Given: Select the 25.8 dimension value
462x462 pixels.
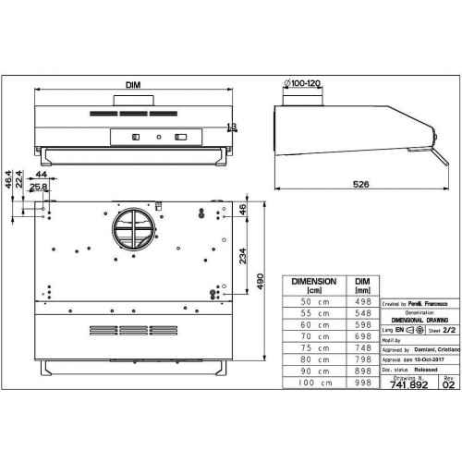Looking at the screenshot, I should point(38,188).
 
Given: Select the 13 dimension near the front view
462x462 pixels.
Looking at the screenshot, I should point(231,128).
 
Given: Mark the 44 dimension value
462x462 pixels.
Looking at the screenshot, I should point(42,174).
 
